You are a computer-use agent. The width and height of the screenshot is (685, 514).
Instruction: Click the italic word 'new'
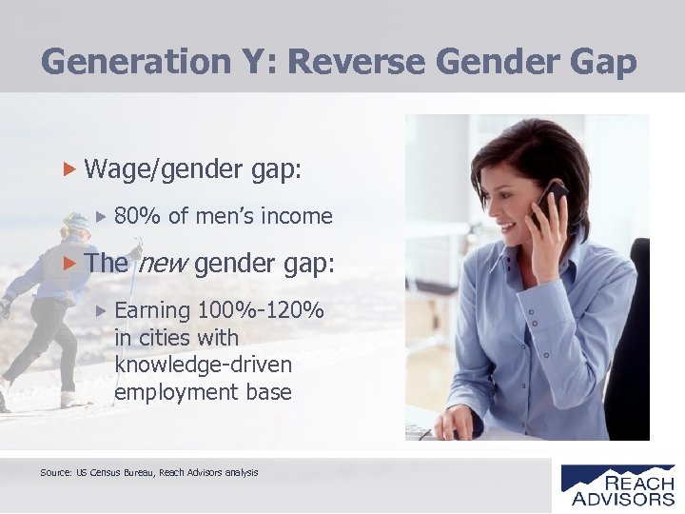[164, 264]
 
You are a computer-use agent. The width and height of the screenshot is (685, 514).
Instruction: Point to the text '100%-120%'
[262, 311]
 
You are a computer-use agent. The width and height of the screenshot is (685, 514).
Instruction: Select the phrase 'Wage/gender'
[152, 169]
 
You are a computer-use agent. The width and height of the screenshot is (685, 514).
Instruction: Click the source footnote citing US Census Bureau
[149, 471]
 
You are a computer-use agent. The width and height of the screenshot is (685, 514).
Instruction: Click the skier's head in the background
[73, 228]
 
